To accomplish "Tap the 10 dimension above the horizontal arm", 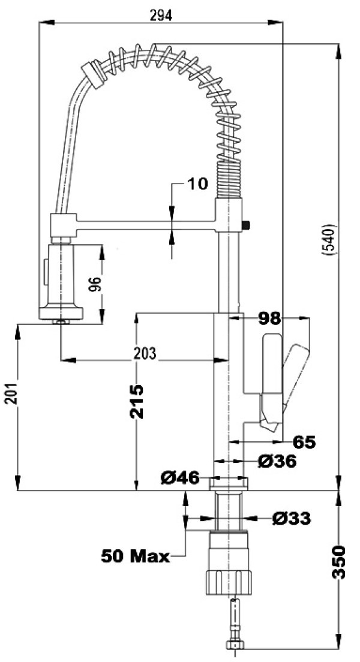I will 197,183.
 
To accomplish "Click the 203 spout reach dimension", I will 144,353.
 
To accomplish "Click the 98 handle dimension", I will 270,318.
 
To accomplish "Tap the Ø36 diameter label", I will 277,462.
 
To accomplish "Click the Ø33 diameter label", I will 291,518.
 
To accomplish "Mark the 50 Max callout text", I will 135,556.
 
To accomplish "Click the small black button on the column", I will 246,225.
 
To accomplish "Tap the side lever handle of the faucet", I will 295,375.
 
